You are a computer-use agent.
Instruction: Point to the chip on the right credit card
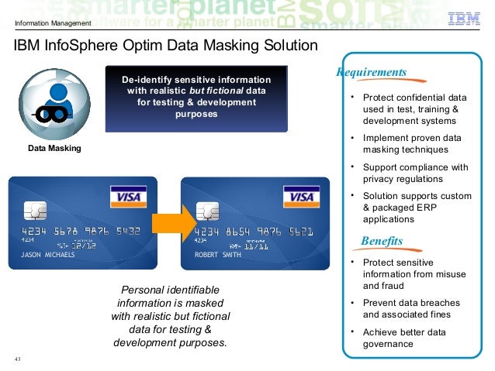pyautogui.click(x=206, y=211)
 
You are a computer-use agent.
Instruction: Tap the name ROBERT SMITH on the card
pyautogui.click(x=218, y=254)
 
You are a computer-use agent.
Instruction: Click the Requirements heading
pyautogui.click(x=372, y=73)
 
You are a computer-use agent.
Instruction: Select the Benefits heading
pyautogui.click(x=382, y=242)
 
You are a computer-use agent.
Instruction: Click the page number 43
pyautogui.click(x=18, y=359)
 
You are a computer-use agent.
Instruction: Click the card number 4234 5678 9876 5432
pyautogui.click(x=81, y=231)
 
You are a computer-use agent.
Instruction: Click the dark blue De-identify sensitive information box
pyautogui.click(x=196, y=98)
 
